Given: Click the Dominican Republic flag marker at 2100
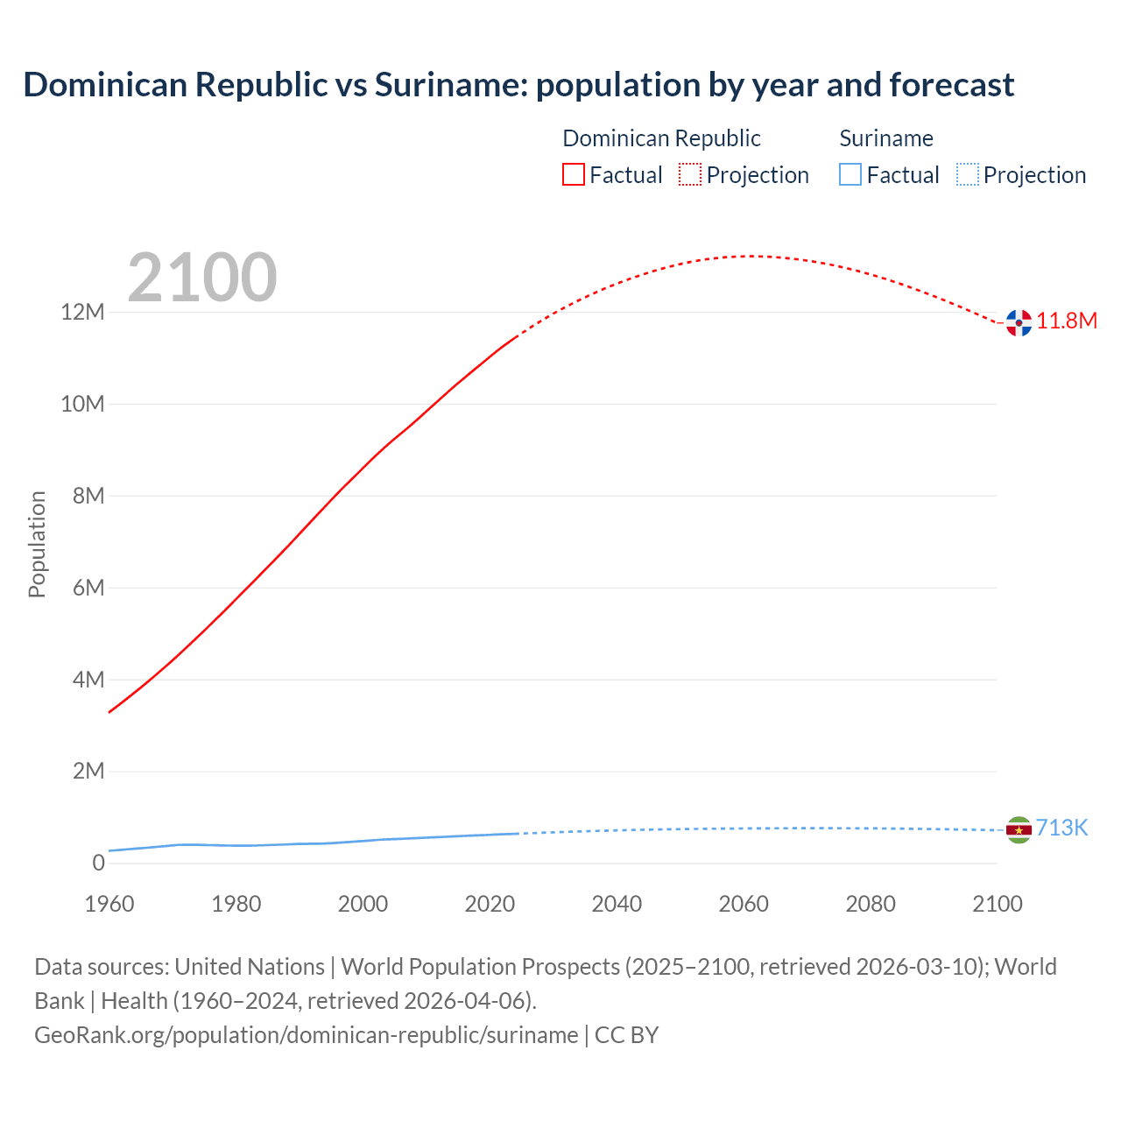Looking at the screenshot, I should tap(1019, 322).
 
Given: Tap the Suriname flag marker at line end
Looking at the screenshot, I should tap(1019, 829).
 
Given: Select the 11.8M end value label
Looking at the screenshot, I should tap(1067, 321).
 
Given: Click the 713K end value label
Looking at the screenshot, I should tap(1061, 828).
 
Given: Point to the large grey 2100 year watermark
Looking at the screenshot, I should tap(202, 278).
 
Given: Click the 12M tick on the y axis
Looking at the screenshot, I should tap(82, 312).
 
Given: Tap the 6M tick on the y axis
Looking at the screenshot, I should tap(88, 588).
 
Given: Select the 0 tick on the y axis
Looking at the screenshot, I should tap(98, 863).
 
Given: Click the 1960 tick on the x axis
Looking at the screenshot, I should tap(109, 904).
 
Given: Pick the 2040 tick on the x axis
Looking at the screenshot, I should tap(617, 904).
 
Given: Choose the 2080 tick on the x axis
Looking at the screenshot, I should tap(871, 904).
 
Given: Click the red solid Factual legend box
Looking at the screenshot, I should tap(574, 174).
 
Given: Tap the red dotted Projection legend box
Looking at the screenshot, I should tap(690, 174).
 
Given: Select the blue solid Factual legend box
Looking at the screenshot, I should tap(850, 174).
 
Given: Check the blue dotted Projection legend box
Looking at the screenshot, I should tap(967, 174).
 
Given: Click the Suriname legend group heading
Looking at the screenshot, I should tap(886, 138).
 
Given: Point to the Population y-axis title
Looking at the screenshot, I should tap(37, 544).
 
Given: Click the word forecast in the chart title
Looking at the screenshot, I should tap(952, 85).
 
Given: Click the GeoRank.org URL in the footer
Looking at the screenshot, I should tap(307, 1035).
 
